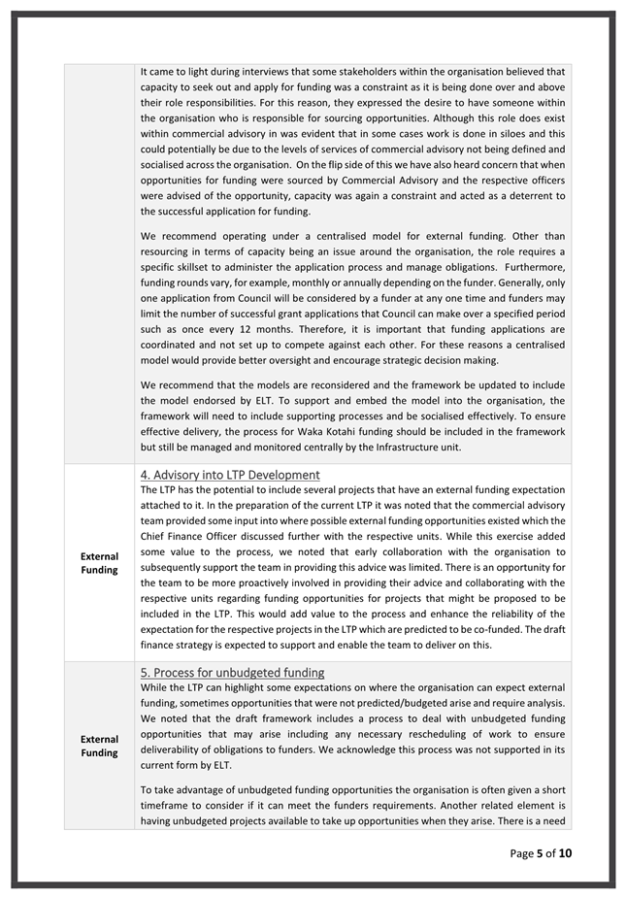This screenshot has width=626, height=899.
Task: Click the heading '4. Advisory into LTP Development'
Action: pyautogui.click(x=230, y=475)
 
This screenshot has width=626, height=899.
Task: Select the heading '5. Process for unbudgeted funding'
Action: pyautogui.click(x=232, y=672)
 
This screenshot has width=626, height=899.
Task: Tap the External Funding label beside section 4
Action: pyautogui.click(x=99, y=563)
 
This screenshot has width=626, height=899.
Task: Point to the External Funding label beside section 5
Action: pyautogui.click(x=99, y=746)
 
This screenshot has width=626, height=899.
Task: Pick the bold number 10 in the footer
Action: pyautogui.click(x=565, y=853)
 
